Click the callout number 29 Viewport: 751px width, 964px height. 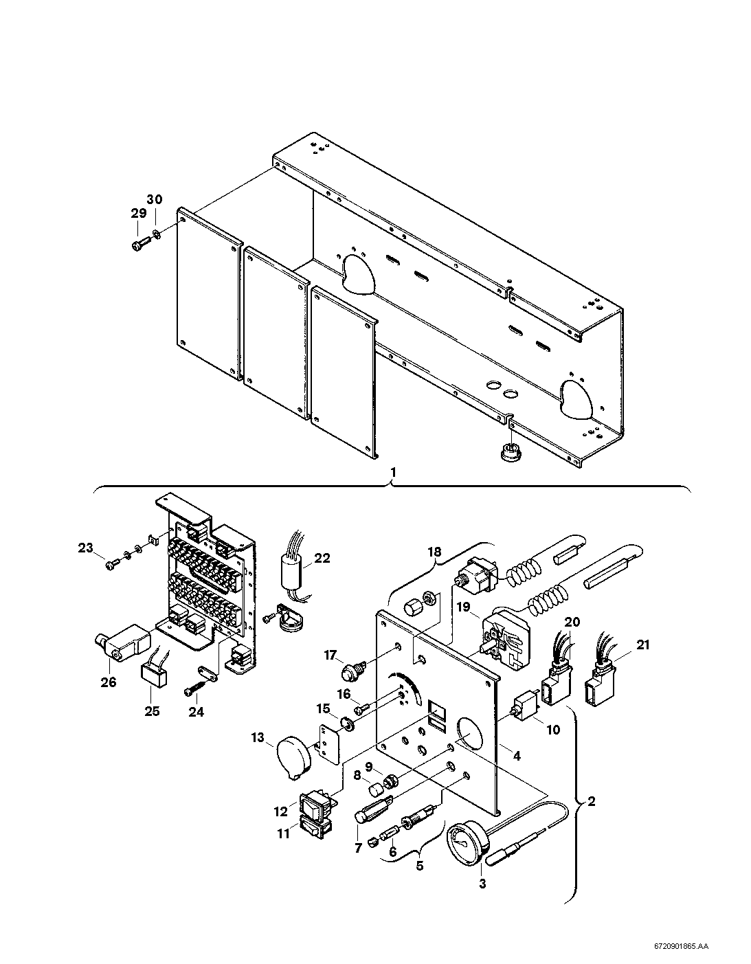point(138,214)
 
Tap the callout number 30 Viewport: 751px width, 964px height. point(155,200)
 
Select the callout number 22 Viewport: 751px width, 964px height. point(322,558)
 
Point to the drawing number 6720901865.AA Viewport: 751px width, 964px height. point(682,943)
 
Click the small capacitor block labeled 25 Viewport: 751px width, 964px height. point(155,678)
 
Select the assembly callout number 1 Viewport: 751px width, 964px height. point(392,473)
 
